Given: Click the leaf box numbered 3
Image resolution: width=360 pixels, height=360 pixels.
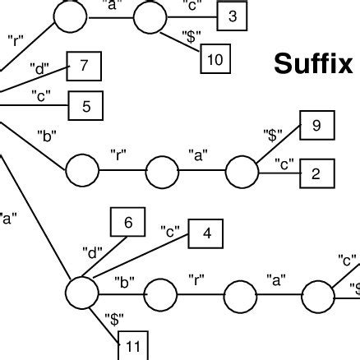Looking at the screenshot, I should click(233, 17).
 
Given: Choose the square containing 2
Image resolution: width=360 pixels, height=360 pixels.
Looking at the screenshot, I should click(316, 174).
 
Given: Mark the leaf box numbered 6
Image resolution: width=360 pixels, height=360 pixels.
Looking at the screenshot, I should click(127, 222).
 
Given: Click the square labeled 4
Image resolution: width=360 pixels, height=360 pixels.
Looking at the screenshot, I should click(207, 233).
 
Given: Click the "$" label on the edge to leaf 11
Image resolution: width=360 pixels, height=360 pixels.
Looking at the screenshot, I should click(114, 317).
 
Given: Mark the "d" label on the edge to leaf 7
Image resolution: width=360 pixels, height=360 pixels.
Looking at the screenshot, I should click(39, 67).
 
